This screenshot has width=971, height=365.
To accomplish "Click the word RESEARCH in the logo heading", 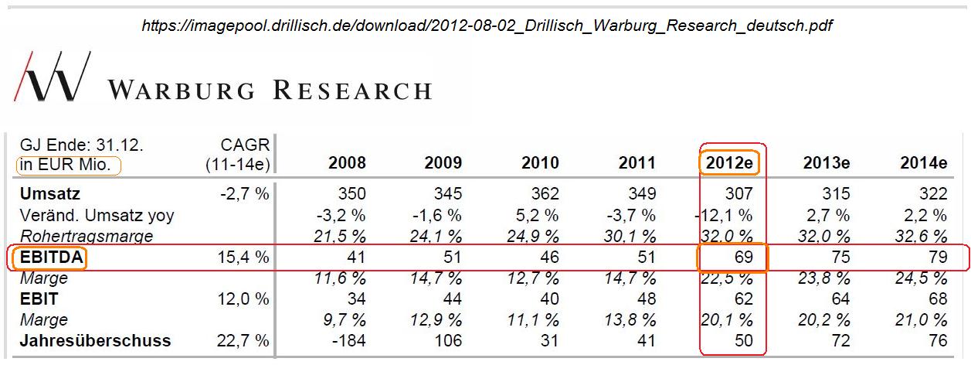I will point(351,90).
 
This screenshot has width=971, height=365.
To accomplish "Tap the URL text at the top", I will point(487,26).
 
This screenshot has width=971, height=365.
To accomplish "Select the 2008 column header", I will point(347,163).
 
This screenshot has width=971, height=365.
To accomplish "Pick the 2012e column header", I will point(729,163).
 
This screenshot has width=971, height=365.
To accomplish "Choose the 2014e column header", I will point(923,163).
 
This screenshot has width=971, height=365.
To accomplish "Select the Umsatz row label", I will point(50,194).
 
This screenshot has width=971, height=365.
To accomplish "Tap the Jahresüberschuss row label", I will point(96,341).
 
